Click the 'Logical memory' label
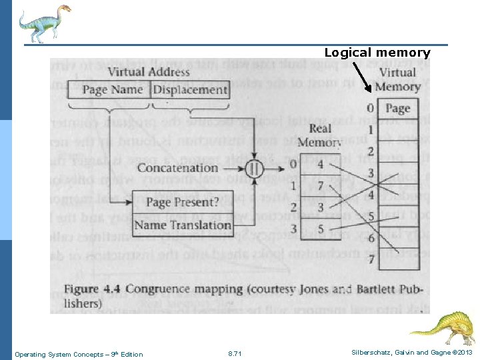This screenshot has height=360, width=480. tap(377, 53)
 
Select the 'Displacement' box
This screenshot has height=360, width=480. tap(191, 90)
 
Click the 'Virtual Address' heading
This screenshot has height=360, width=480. tap(149, 72)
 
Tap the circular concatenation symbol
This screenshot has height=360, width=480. tap(253, 167)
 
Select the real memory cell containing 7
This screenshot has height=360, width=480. tap(322, 186)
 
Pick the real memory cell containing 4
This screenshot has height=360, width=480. tap(322, 165)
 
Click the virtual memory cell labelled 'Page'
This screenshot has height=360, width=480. tap(398, 109)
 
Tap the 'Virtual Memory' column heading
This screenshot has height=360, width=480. tap(397, 79)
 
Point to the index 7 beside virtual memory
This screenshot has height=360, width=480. tap(370, 259)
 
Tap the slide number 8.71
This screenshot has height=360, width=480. tap(235, 354)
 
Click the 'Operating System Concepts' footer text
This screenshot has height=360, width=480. tap(79, 354)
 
